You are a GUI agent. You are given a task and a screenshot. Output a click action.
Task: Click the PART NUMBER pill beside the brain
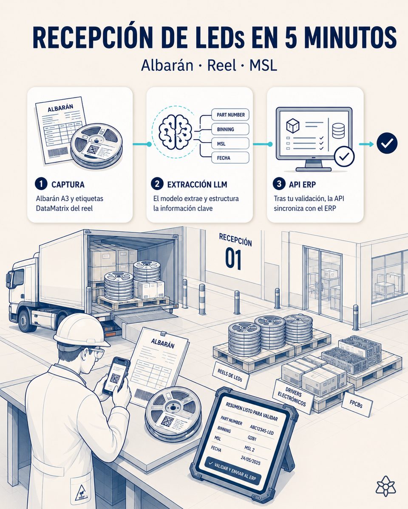pos(230,115)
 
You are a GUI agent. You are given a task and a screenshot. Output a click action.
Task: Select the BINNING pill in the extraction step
pos(230,129)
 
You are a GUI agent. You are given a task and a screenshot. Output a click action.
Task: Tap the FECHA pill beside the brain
pos(230,158)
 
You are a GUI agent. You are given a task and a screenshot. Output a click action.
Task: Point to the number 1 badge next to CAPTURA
pos(41,184)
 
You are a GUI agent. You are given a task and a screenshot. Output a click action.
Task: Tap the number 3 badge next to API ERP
pos(279,184)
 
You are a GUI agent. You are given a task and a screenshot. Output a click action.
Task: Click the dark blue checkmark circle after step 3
pos(387,143)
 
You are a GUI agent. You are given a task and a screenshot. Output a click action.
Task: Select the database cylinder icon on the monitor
pos(339,131)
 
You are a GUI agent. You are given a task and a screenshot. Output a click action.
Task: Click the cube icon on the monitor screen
pos(293,126)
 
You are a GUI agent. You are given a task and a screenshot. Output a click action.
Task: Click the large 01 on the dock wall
pos(233,259)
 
